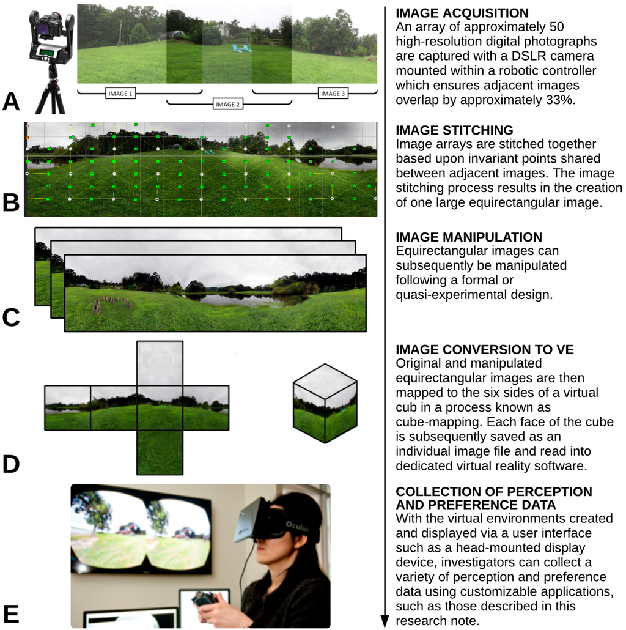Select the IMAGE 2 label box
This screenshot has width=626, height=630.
(x=226, y=105)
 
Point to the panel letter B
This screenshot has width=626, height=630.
(x=12, y=202)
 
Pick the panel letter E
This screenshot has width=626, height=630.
(x=11, y=613)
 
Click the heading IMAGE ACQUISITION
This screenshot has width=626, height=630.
(x=462, y=13)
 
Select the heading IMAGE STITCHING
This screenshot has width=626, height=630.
(x=454, y=130)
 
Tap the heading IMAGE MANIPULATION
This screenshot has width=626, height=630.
(x=469, y=237)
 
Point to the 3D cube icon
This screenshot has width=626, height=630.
(x=325, y=403)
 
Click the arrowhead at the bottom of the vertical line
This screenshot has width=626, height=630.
(x=385, y=621)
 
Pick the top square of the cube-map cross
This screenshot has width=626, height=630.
(x=160, y=363)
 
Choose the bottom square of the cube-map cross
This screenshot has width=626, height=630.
(x=160, y=452)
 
